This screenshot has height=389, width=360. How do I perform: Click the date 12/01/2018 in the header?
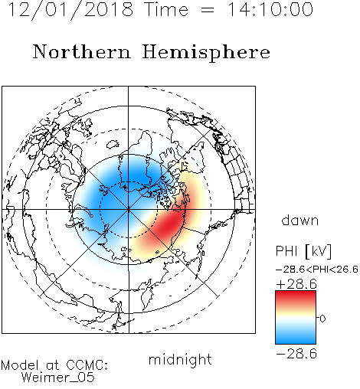tap(70, 10)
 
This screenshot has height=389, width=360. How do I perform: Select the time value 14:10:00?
tap(270, 9)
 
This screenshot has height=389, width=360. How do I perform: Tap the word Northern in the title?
tap(82, 51)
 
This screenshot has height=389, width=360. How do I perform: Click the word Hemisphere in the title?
tap(206, 53)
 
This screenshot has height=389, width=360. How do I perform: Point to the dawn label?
tap(300, 220)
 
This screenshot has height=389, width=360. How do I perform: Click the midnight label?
tap(180, 359)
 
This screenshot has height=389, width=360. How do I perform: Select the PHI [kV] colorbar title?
tap(304, 251)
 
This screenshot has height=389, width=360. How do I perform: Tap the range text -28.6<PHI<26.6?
tap(317, 270)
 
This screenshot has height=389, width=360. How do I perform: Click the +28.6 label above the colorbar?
tap(296, 284)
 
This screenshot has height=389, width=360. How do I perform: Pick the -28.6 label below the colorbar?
tap(296, 354)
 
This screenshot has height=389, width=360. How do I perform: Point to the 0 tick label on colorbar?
tap(322, 319)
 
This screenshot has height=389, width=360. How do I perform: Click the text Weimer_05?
tap(58, 377)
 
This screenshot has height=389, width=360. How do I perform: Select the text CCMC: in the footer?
tap(87, 365)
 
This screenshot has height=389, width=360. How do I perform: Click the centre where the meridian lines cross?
tap(129, 210)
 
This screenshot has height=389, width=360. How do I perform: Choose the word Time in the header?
tap(166, 9)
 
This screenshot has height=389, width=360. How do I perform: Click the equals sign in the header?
tap(208, 10)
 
